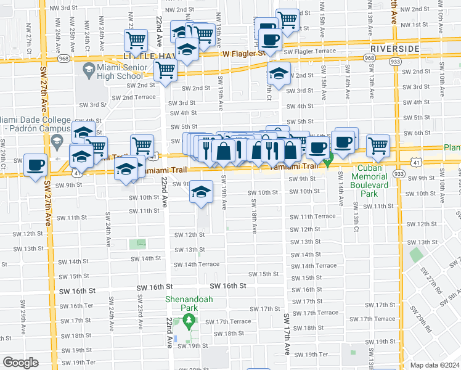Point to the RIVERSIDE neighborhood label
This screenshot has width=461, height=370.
[x=395, y=48]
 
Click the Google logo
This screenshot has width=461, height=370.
[x=20, y=363]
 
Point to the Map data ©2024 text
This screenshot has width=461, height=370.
[x=435, y=365]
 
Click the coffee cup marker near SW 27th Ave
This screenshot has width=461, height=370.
[x=36, y=165]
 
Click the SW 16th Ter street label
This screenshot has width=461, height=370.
[x=80, y=306]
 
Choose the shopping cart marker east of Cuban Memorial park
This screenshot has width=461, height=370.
[x=378, y=146]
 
